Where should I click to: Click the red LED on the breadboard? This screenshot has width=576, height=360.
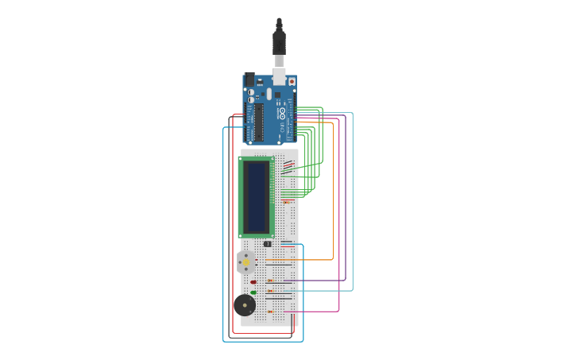253,281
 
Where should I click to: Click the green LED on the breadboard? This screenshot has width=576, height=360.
253,292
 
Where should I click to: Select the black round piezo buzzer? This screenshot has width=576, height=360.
245,305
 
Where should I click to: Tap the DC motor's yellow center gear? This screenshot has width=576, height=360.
246,262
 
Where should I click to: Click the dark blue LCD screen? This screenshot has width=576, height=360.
256,196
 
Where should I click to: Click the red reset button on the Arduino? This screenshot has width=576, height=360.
292,81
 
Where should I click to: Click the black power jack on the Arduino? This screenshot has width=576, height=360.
249,79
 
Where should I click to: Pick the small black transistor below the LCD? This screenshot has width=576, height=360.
267,244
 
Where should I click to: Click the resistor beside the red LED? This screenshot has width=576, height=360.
270,281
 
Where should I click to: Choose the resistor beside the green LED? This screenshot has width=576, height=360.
270,292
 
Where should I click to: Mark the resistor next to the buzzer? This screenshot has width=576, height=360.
270,312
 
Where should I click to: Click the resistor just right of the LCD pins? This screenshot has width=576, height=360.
287,202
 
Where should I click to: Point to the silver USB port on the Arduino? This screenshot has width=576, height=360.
279,76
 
